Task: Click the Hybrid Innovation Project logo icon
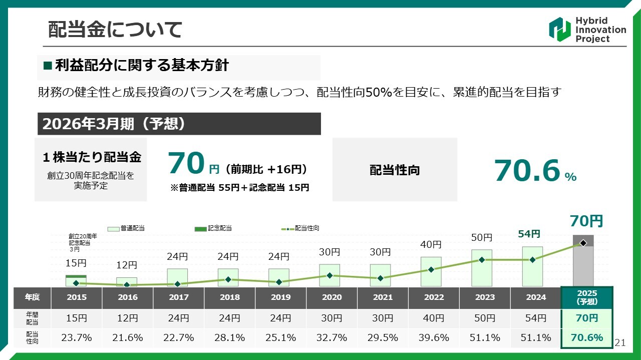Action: (559, 29)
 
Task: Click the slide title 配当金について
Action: (115, 30)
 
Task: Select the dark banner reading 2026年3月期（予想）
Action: (179, 124)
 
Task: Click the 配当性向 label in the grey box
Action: (395, 170)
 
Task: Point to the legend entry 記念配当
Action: (213, 228)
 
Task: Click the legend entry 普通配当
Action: (126, 228)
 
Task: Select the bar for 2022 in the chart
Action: (431, 271)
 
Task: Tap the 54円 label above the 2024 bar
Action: (529, 234)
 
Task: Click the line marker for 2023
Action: (482, 260)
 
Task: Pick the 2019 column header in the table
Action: (280, 297)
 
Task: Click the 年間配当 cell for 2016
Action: (128, 318)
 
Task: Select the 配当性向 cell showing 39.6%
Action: (434, 338)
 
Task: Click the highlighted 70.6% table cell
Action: (587, 337)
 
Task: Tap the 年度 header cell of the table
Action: (32, 297)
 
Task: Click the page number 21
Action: (620, 342)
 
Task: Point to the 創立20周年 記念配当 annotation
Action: (83, 242)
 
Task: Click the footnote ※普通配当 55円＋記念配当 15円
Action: (239, 188)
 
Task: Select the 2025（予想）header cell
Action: (587, 297)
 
